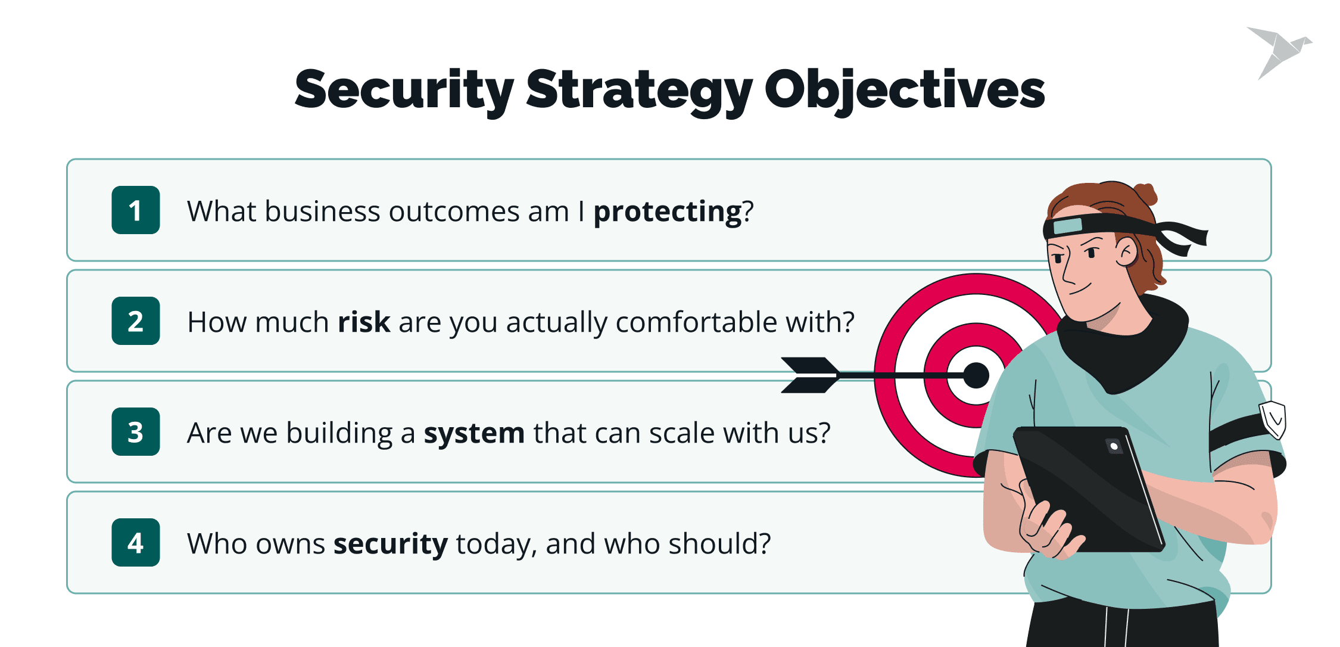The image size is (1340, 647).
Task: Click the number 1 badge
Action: pyautogui.click(x=135, y=210)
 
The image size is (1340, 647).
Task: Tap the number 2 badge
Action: pyautogui.click(x=135, y=321)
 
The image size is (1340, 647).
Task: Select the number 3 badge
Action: pyautogui.click(x=135, y=431)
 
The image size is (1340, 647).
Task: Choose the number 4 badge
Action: pyautogui.click(x=135, y=542)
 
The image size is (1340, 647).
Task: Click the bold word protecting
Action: pyautogui.click(x=668, y=212)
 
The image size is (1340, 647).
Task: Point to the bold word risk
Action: pyautogui.click(x=363, y=322)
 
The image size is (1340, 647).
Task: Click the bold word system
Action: pyautogui.click(x=474, y=433)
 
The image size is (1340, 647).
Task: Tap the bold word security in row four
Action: pyautogui.click(x=390, y=544)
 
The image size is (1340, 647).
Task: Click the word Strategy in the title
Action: pyautogui.click(x=639, y=91)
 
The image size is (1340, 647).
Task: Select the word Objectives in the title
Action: pyautogui.click(x=904, y=91)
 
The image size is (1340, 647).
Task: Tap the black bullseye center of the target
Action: pyautogui.click(x=976, y=375)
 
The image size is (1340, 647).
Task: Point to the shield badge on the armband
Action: pyautogui.click(x=1273, y=419)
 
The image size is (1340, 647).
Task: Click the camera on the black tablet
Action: pyautogui.click(x=1114, y=446)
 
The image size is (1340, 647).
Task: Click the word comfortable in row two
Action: pyautogui.click(x=696, y=322)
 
